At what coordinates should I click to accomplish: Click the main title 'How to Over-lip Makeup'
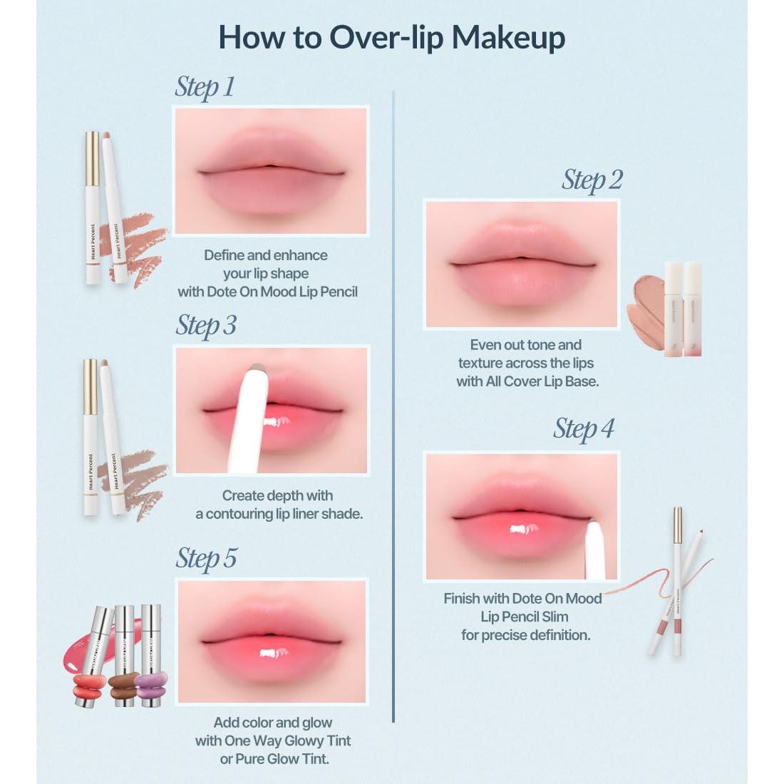click(x=391, y=38)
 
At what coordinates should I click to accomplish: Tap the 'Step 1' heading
click(x=205, y=87)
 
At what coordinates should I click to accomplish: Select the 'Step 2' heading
click(x=592, y=180)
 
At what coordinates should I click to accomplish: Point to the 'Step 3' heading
click(x=206, y=325)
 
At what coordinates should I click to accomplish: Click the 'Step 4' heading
click(x=583, y=429)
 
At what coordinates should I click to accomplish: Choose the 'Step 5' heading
click(x=206, y=559)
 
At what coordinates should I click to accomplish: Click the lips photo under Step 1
click(x=271, y=171)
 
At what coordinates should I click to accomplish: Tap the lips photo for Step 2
click(x=521, y=264)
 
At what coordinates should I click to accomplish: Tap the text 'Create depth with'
click(x=277, y=495)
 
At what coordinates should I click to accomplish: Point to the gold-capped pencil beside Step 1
click(x=93, y=207)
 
